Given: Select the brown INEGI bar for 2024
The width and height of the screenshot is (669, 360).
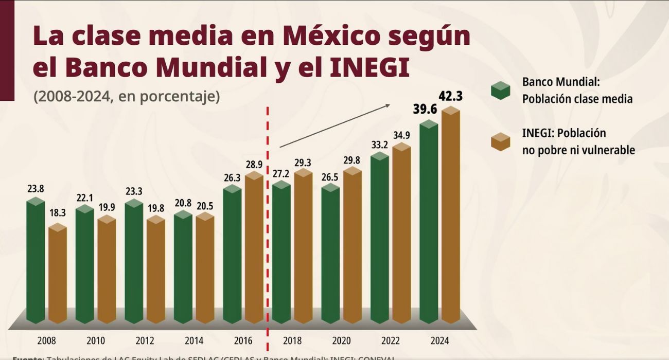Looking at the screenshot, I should (451, 216).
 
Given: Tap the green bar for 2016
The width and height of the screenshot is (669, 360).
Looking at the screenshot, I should (232, 255).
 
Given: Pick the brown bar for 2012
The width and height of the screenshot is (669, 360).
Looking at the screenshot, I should (156, 270).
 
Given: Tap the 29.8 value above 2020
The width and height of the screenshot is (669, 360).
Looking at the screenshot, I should (353, 160).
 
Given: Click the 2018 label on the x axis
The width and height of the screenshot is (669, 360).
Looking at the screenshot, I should (292, 340).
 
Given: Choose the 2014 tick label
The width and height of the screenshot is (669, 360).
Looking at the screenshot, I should (193, 340).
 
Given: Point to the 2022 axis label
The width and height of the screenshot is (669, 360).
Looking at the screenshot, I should (391, 340).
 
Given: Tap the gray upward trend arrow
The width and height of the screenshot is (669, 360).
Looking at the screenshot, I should (334, 125).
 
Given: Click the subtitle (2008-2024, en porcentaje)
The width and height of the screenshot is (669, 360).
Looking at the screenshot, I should (127, 97).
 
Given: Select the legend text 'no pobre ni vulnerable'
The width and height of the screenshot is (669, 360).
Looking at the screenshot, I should (578, 150).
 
